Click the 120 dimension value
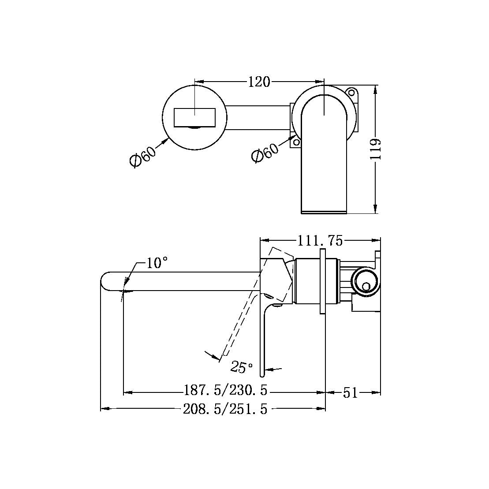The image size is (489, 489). (x=259, y=82)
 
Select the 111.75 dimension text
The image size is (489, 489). (x=320, y=241)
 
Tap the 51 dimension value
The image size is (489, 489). (x=351, y=392)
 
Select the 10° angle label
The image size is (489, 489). (x=157, y=263)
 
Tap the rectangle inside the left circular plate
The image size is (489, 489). (x=194, y=117)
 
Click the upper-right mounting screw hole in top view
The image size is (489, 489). (x=351, y=93)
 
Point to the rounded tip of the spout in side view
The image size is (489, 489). (x=105, y=282)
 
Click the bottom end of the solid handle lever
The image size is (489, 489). (x=262, y=374)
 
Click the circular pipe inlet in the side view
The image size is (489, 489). (x=365, y=281)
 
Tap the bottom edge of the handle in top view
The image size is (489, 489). (x=324, y=213)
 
